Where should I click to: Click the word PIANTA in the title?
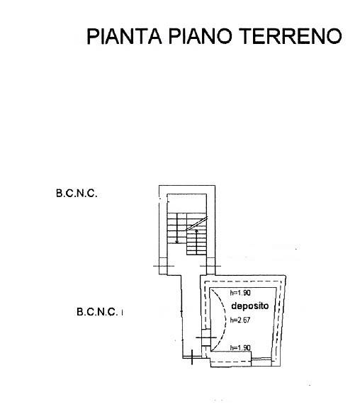click(124, 36)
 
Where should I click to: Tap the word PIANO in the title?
click(200, 36)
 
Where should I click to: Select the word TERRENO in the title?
click(291, 36)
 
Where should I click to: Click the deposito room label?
click(249, 306)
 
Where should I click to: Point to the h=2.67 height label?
click(240, 320)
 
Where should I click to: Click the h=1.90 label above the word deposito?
click(240, 293)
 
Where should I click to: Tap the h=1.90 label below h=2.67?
click(240, 347)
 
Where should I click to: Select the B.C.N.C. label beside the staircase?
click(77, 194)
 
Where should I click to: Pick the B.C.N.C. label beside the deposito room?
click(97, 311)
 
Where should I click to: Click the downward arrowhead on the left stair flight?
click(176, 242)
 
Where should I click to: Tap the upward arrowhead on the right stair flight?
click(197, 231)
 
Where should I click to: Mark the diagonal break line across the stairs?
click(196, 223)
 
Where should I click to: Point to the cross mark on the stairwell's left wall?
click(164, 266)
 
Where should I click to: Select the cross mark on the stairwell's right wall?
click(210, 266)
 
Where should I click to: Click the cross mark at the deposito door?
click(206, 337)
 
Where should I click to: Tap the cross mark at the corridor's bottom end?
click(192, 357)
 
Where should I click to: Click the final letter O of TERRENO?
click(334, 36)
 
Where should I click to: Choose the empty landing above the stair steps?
click(187, 203)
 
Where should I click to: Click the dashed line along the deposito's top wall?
click(242, 281)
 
